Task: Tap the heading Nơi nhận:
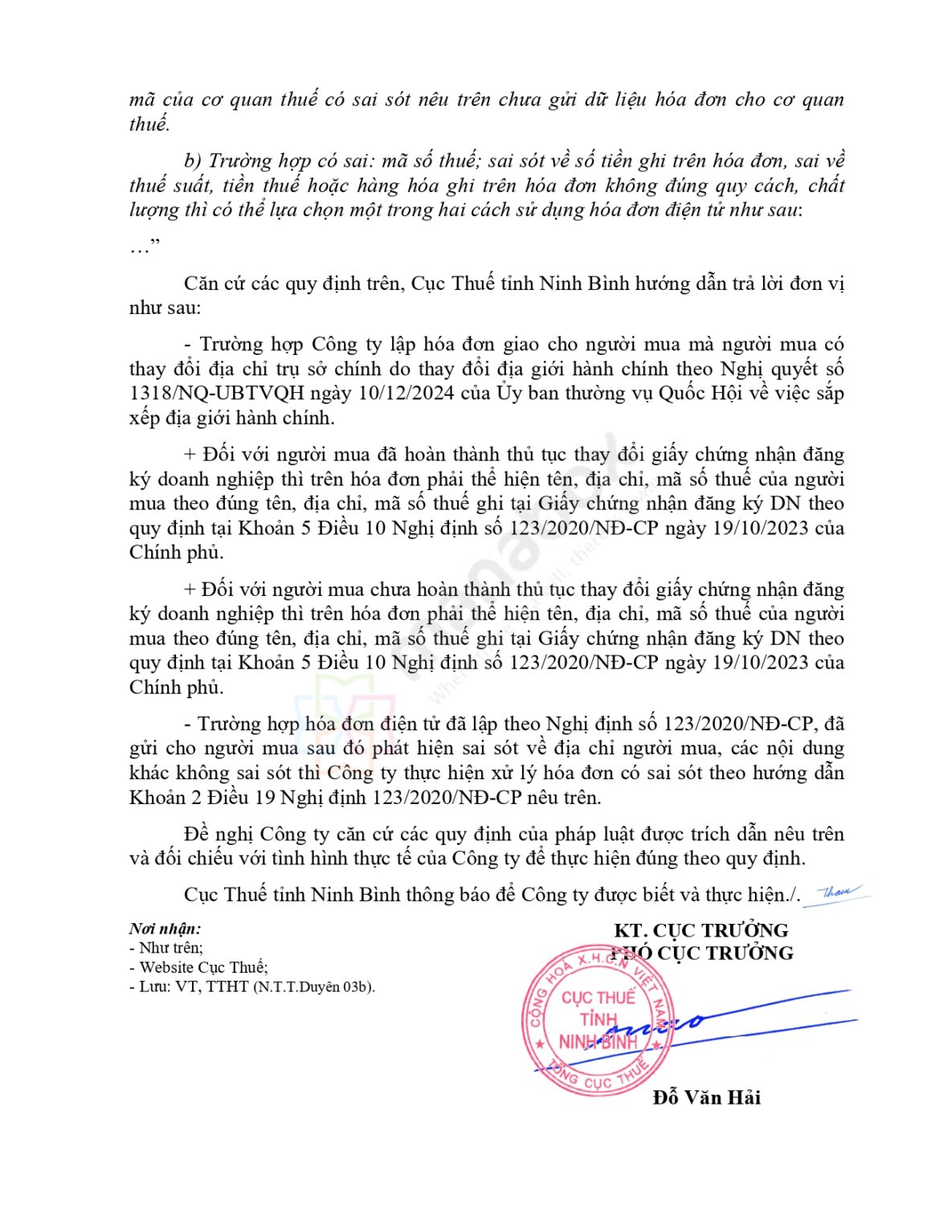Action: pos(165,929)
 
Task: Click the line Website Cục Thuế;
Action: pos(203,967)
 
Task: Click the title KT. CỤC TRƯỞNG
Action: pos(700,930)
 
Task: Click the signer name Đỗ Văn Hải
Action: pos(706,1097)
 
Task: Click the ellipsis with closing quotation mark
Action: pos(145,246)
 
